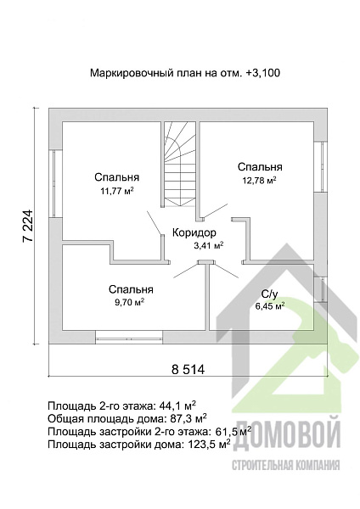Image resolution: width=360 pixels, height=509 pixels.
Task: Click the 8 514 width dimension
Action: pos(188,369)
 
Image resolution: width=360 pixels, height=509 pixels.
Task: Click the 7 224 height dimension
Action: pos(28,227)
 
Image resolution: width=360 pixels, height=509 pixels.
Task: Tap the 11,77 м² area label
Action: pos(117,191)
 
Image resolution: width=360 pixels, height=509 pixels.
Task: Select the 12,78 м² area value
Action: pos(259,180)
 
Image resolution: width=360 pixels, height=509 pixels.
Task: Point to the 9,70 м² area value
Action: pos(128,302)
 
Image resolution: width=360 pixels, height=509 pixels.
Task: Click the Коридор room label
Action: pos(194,232)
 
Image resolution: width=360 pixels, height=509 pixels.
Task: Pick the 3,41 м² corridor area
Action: pos(208,245)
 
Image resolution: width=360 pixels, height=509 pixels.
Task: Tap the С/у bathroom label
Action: pos(269,294)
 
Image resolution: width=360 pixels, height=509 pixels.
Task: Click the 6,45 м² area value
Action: pos(270,305)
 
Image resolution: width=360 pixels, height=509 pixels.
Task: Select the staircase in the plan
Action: pos(180,164)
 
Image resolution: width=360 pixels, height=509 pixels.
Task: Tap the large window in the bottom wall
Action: pos(129,338)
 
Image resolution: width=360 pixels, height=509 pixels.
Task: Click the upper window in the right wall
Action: pos(322,166)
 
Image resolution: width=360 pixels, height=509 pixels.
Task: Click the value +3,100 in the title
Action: pos(263,73)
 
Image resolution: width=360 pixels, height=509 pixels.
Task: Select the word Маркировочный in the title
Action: pos(131,73)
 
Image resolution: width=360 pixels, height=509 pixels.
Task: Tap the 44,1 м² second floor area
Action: pos(177,406)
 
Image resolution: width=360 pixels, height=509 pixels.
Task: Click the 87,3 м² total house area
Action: pos(188,418)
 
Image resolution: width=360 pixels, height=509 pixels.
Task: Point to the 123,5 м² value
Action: pos(210,444)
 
